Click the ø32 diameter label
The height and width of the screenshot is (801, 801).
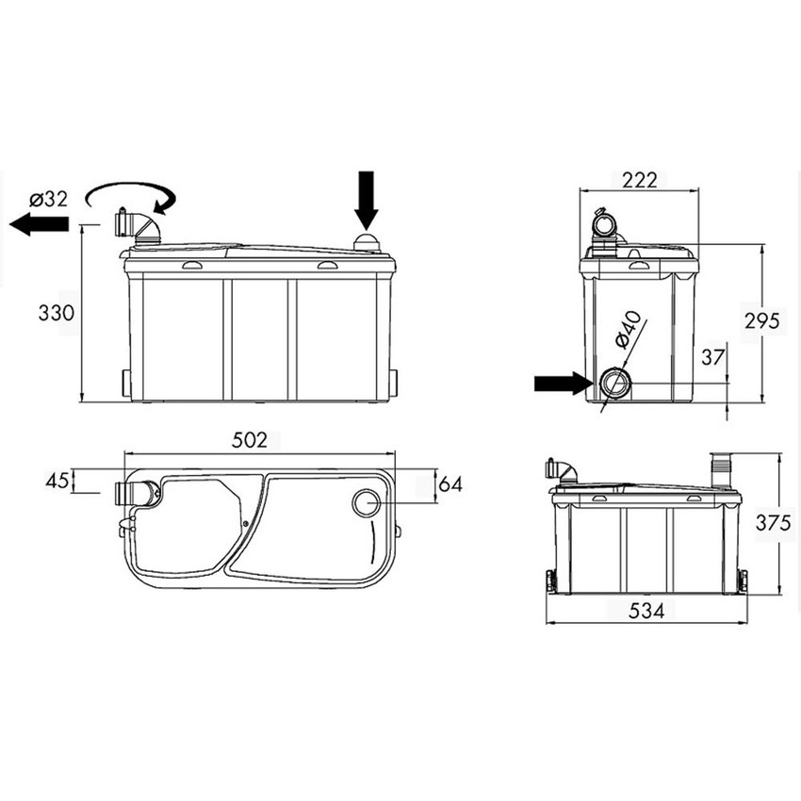(x=48, y=199)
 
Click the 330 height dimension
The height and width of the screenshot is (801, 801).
(x=56, y=314)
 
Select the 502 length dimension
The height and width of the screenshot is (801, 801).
(x=250, y=439)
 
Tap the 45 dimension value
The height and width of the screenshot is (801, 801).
(x=57, y=481)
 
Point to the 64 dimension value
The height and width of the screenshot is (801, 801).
(x=450, y=483)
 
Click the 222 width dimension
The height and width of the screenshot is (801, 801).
(x=638, y=180)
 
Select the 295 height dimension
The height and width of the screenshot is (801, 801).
(x=761, y=320)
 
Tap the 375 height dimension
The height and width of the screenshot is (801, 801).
(x=774, y=524)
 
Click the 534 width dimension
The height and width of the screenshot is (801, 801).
(x=646, y=611)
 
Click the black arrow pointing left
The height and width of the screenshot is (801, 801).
(x=39, y=223)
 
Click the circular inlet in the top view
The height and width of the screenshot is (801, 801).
(x=366, y=502)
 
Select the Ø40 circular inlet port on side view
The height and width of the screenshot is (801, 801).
(x=614, y=383)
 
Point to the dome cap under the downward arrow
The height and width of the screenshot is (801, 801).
(x=366, y=243)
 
